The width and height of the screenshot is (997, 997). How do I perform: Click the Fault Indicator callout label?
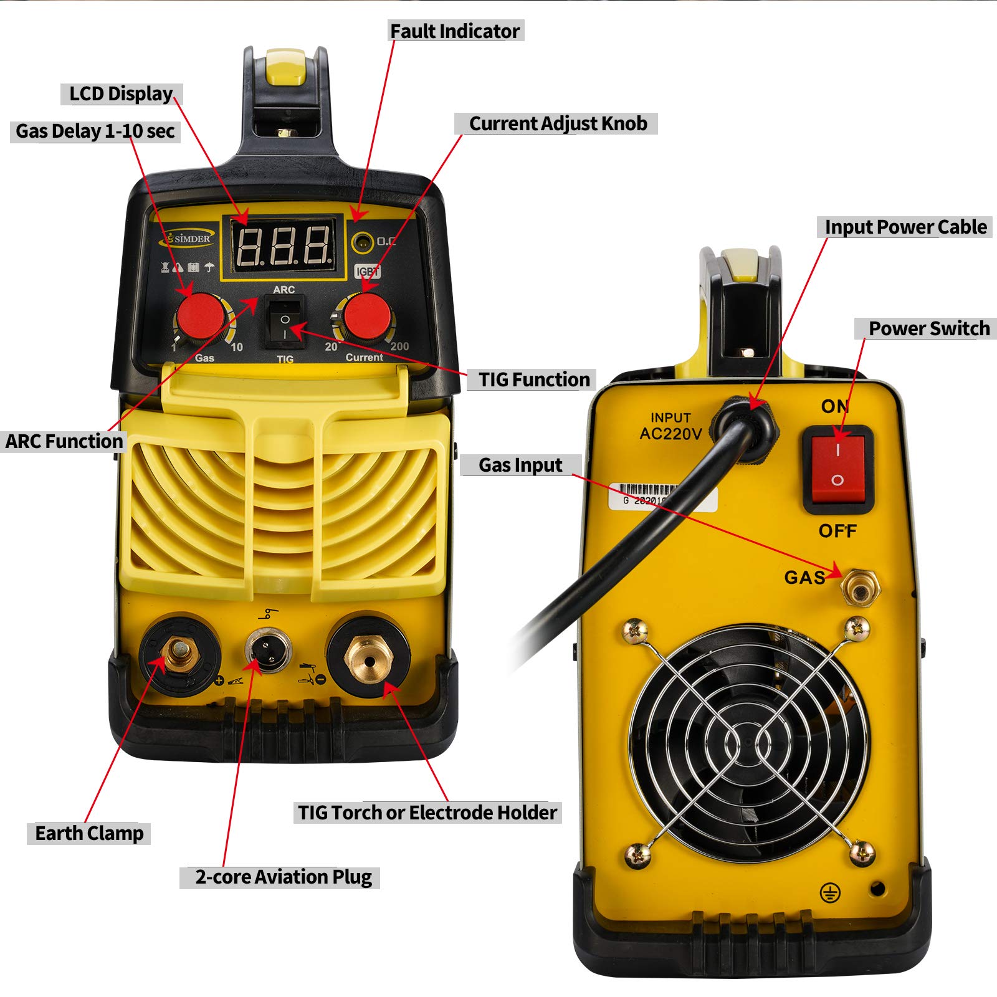[455, 31]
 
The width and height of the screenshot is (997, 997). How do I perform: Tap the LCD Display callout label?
[121, 93]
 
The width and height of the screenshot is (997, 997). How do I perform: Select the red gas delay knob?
[200, 317]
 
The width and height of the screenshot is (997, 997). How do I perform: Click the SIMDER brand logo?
[188, 239]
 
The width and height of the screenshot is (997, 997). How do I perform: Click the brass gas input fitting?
[859, 586]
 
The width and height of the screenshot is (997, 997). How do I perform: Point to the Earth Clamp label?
[88, 833]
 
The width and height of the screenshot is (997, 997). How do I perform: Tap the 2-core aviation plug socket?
[268, 648]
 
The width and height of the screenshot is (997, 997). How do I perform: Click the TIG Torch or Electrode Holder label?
[427, 813]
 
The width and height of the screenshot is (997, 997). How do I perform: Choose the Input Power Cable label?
[905, 227]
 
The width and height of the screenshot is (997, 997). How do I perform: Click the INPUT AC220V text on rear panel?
[670, 426]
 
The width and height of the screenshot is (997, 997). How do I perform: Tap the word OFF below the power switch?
[837, 531]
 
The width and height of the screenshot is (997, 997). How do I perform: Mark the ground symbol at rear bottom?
[829, 894]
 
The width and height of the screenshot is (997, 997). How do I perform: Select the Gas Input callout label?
[520, 465]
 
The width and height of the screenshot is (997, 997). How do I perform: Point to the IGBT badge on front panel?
[367, 272]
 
